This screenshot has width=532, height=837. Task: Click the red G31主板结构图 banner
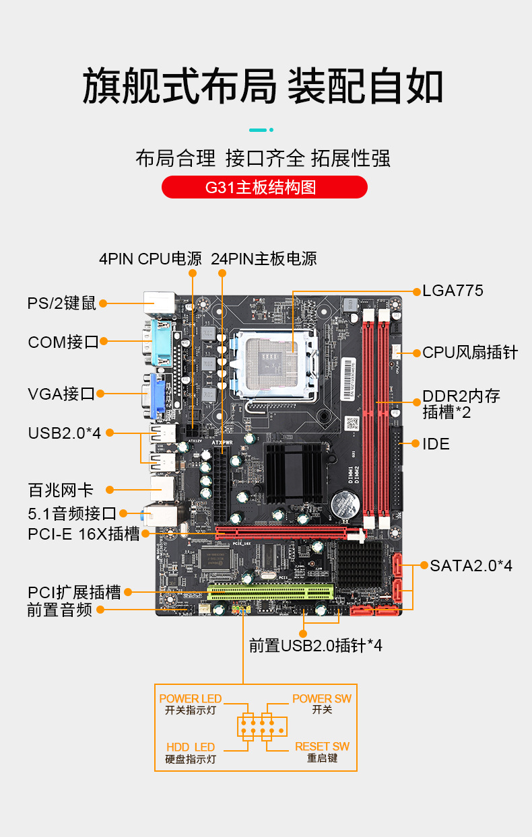(265, 187)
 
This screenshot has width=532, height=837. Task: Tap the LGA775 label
(453, 291)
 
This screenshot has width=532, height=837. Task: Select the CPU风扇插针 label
(470, 352)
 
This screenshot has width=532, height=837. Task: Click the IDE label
(436, 444)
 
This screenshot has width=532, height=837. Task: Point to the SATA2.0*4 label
(471, 566)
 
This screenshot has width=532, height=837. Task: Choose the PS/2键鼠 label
(62, 303)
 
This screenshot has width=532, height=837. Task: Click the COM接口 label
(63, 342)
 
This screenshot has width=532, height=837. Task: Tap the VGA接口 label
(61, 394)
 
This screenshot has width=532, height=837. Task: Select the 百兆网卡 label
(61, 490)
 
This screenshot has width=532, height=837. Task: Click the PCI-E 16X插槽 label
(84, 534)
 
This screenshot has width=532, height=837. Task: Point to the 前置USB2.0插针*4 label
(315, 646)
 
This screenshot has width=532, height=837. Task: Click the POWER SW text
(322, 698)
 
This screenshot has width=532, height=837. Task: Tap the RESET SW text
(322, 746)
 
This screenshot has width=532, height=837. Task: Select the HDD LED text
(191, 748)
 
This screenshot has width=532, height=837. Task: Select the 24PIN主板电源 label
(263, 259)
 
